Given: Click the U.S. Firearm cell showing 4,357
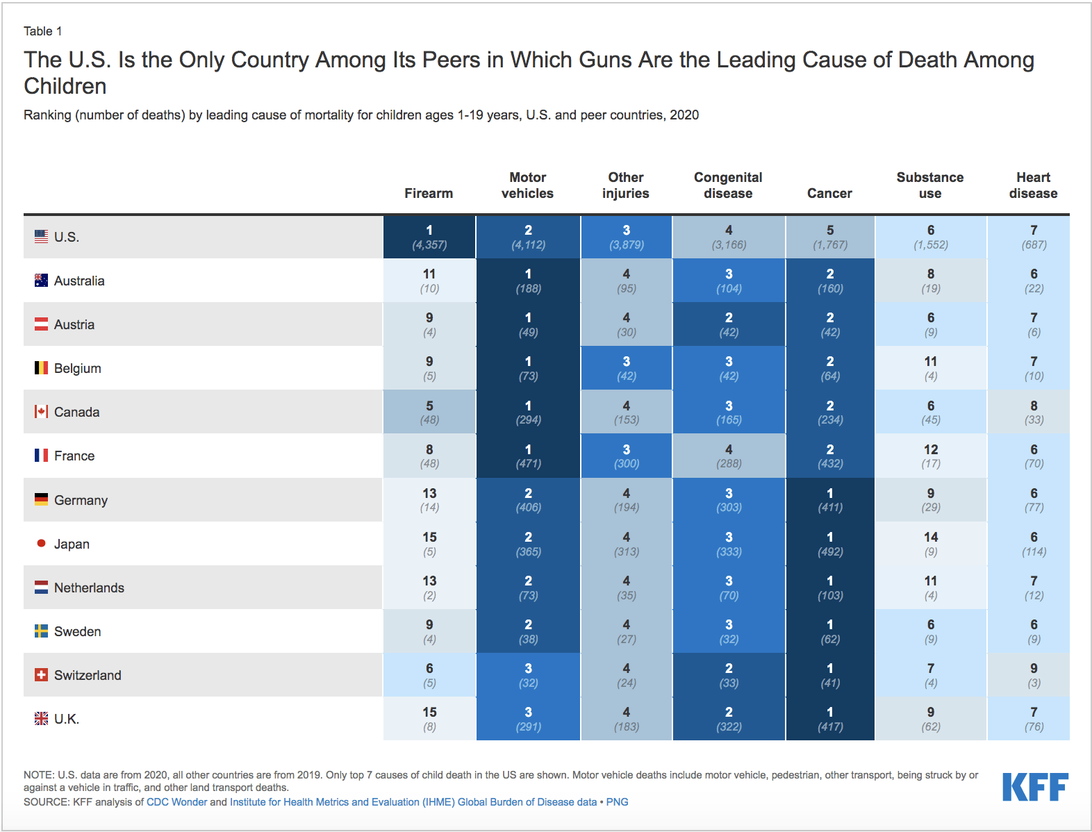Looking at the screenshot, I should point(429,237).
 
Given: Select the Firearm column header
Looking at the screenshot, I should point(429,193).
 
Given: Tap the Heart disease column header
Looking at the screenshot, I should point(1033,185).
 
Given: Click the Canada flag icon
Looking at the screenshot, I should point(42,412).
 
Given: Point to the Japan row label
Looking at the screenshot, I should point(72,544).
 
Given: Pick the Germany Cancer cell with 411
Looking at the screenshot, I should point(830,500).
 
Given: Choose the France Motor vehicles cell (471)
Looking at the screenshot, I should point(528,456).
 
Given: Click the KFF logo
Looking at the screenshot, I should point(1035,787).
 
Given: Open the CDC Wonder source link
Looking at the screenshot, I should point(176,802).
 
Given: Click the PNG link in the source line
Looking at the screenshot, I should point(617,802).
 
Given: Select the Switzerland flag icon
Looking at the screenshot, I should point(42,675).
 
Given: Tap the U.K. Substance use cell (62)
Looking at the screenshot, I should point(931,719).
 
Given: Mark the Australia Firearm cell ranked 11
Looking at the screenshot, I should point(429,281).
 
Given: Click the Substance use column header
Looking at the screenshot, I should point(930,185).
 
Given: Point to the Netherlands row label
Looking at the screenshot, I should point(89,588).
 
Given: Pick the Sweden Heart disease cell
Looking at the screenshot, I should point(1034,631).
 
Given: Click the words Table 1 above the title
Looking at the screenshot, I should point(43,31).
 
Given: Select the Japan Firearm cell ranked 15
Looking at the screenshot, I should point(429,544).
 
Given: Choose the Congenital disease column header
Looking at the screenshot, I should point(728,185).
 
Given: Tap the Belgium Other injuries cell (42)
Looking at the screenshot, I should point(626,368).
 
